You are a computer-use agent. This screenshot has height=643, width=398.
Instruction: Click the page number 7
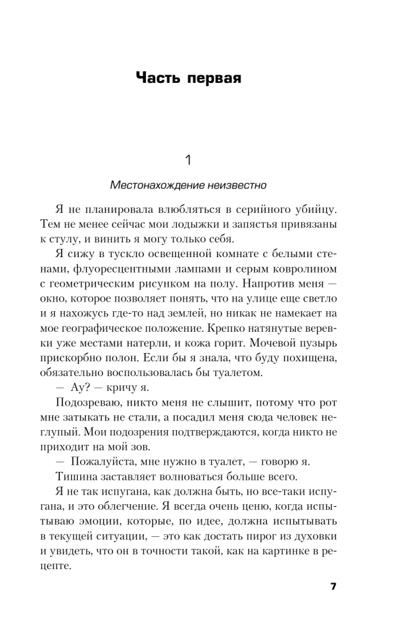coord(333,586)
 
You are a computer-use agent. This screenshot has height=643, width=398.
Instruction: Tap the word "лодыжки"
coord(213,226)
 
